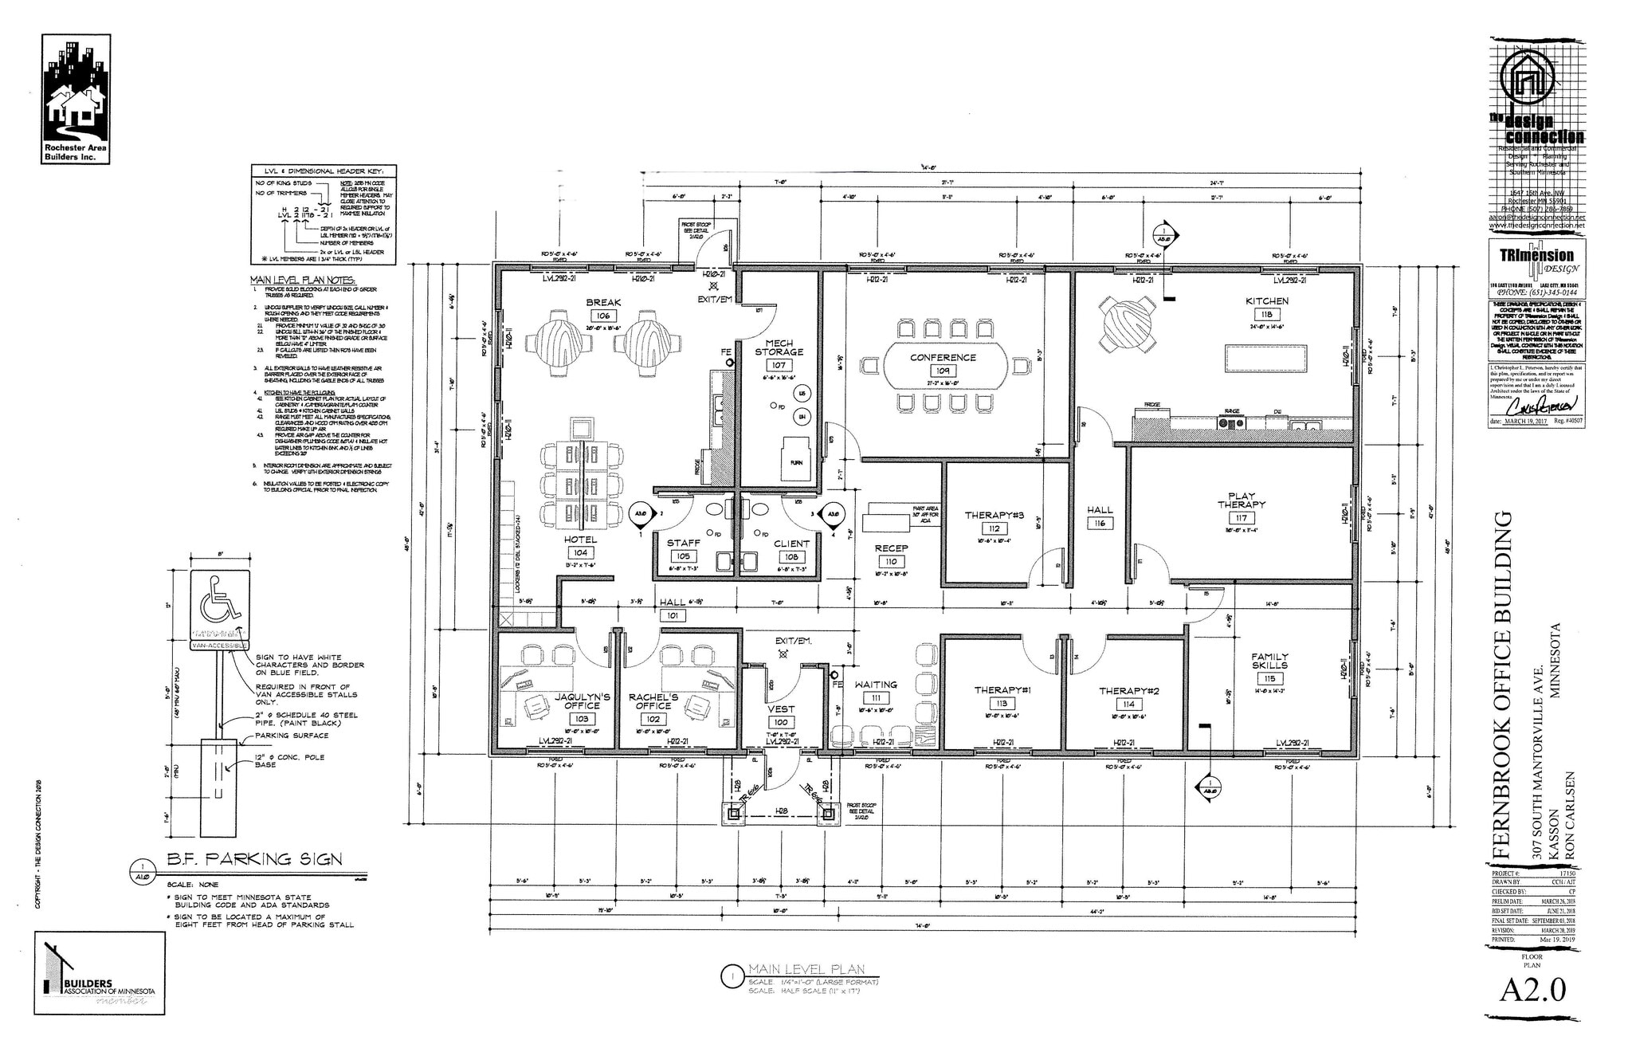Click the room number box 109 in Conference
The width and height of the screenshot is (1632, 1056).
[943, 371]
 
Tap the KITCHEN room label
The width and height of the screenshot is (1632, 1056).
[1267, 301]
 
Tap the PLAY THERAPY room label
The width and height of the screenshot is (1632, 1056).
[1241, 501]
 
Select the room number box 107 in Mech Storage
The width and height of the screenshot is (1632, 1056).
[779, 365]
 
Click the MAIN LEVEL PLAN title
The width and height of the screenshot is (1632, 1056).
[806, 970]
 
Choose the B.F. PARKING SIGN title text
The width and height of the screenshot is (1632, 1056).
[254, 859]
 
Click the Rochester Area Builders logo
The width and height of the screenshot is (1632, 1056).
[76, 100]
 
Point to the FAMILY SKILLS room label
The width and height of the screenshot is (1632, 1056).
[1269, 661]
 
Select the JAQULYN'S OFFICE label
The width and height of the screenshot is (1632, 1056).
[582, 701]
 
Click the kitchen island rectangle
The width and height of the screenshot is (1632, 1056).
[1266, 357]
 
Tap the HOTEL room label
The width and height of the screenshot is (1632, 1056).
[580, 540]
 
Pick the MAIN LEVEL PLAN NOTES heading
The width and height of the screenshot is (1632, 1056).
[303, 281]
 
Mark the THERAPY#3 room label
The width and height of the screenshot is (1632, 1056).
[994, 515]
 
